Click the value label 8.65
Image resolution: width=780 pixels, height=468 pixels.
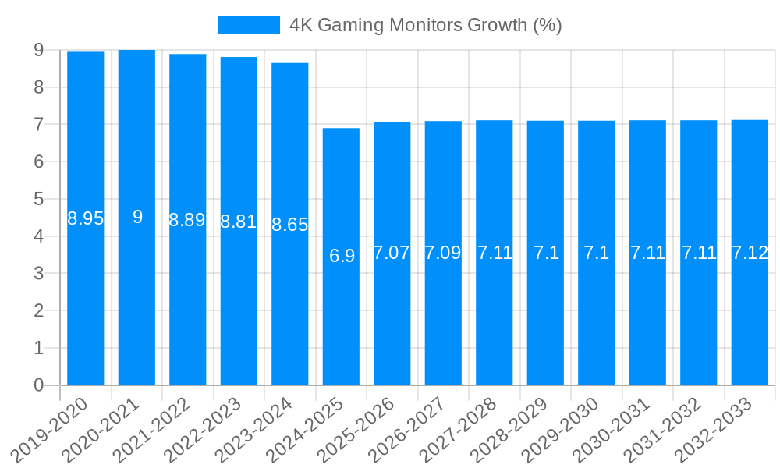coord(290,225)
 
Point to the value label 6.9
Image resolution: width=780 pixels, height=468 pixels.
coord(342,256)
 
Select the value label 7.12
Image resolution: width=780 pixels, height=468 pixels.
coord(750,253)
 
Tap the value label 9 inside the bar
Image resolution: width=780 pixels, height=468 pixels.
coord(137,217)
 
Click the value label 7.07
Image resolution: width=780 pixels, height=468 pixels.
coord(392,253)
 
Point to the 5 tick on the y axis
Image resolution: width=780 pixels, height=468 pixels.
coord(38,199)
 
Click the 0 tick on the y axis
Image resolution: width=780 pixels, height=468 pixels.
coord(38,385)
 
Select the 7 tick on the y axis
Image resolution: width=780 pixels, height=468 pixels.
coord(38,125)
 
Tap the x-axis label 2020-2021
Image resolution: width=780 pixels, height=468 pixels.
coord(101,429)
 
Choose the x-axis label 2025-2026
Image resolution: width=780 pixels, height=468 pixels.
coord(356,429)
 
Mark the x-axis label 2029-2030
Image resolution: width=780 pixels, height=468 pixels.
coord(561,429)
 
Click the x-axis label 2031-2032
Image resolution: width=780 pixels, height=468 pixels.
coord(663,429)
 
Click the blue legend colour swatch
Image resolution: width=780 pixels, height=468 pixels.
coord(248,25)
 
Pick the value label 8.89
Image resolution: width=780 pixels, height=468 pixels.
coord(187,220)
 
